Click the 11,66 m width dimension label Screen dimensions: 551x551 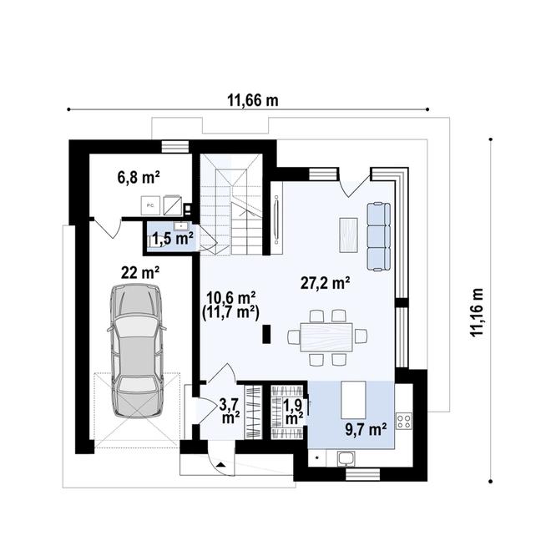[252, 101]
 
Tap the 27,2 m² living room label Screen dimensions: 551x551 [325, 283]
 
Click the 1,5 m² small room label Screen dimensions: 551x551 [172, 239]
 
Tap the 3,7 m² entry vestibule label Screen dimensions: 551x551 [230, 410]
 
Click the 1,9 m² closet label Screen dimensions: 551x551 [293, 410]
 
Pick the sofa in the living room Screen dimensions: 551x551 [380, 235]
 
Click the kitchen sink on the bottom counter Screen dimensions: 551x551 [345, 457]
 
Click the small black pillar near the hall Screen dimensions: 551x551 [265, 335]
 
